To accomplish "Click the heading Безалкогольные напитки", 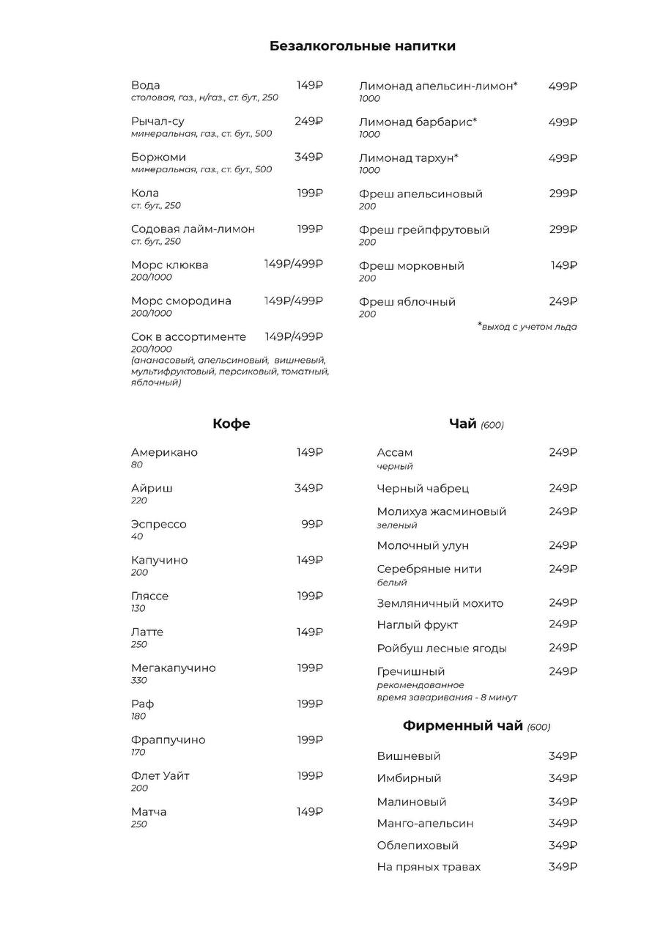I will click(x=362, y=46).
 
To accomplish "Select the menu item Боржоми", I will click(x=158, y=158).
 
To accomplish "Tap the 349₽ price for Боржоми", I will click(x=308, y=157).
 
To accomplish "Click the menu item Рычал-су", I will click(x=158, y=122).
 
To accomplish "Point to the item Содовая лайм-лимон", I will click(x=193, y=229).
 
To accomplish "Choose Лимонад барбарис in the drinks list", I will click(x=418, y=122).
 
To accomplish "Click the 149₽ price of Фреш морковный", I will click(x=563, y=265).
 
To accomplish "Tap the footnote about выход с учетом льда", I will click(x=527, y=327).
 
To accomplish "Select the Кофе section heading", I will click(x=232, y=424).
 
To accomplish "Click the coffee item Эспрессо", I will click(x=158, y=524).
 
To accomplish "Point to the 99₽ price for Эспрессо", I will click(x=311, y=524).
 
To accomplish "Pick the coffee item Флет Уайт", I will click(x=160, y=775).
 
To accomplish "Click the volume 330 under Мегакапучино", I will click(x=139, y=681).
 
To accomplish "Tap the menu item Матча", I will click(x=149, y=811).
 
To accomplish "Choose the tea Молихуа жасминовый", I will click(x=441, y=512).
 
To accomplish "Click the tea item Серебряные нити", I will click(x=429, y=569).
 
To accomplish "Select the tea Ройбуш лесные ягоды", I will click(x=441, y=648).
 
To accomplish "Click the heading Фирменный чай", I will click(x=462, y=726).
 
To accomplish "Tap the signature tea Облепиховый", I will click(x=417, y=845).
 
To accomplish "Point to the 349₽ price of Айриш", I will click(x=308, y=488).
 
